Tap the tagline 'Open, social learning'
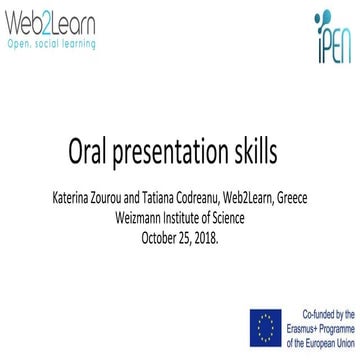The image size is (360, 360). pyautogui.click(x=51, y=44)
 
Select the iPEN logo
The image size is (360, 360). pyautogui.click(x=327, y=37)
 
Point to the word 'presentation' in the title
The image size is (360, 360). pyautogui.click(x=180, y=157)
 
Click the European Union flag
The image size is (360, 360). pyautogui.click(x=265, y=326)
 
